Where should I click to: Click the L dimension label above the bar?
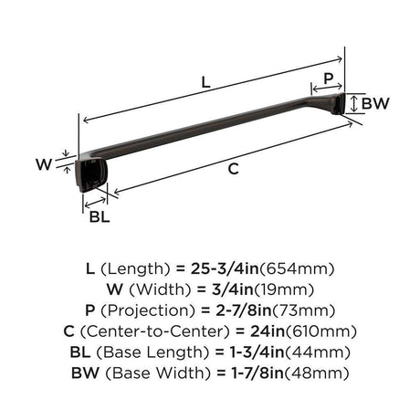(x=206, y=82)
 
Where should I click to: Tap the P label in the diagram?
(x=329, y=79)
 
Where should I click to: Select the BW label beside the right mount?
(x=375, y=103)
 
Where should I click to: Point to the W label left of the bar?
(x=44, y=164)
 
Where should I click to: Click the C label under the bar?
(x=234, y=169)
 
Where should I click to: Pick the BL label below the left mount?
(x=100, y=216)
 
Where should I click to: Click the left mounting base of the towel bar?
(x=90, y=175)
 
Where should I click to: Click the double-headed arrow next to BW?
(x=353, y=103)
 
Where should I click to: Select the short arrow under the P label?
(x=328, y=88)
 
